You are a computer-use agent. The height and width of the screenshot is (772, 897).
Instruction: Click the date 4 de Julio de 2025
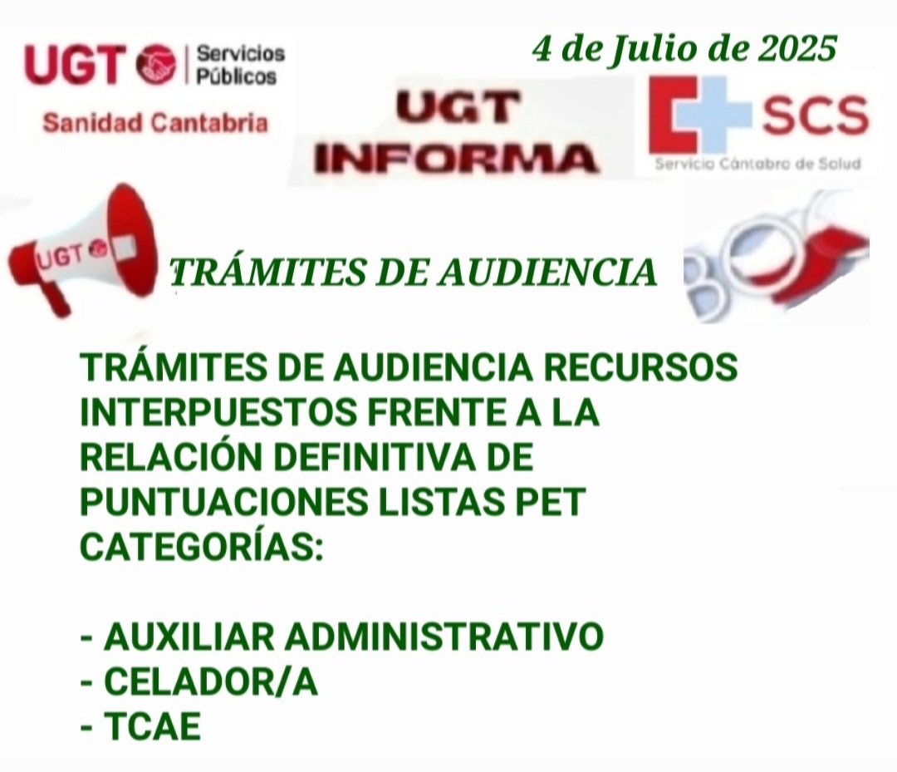pos(684,49)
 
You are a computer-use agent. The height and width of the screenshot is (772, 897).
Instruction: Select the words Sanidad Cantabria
pos(155,122)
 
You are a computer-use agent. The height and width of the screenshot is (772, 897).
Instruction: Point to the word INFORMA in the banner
pos(455,159)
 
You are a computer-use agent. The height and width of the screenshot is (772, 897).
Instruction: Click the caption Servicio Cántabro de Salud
pos(757,165)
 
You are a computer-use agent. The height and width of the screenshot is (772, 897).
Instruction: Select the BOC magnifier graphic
pos(776,255)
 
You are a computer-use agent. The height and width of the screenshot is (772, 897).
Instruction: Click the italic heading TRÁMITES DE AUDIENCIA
pos(414,272)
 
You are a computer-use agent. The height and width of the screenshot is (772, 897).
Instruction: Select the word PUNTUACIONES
pos(224,502)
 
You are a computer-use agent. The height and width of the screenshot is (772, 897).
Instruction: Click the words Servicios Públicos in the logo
pos(240,65)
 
